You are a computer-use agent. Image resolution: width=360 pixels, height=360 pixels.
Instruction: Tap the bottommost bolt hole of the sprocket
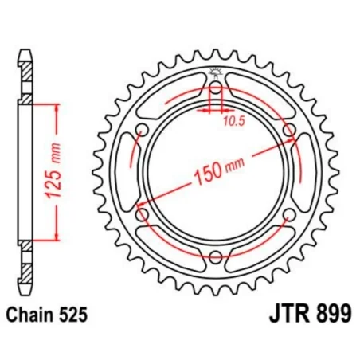pos(215,256)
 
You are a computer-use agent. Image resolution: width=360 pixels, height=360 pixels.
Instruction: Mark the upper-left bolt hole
pos(143,131)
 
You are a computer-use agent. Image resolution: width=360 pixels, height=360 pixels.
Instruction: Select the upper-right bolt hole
pos(288,131)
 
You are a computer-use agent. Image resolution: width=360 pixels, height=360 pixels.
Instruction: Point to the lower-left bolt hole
pos(143,215)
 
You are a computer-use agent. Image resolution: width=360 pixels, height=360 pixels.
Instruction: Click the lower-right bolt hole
pos(288,215)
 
